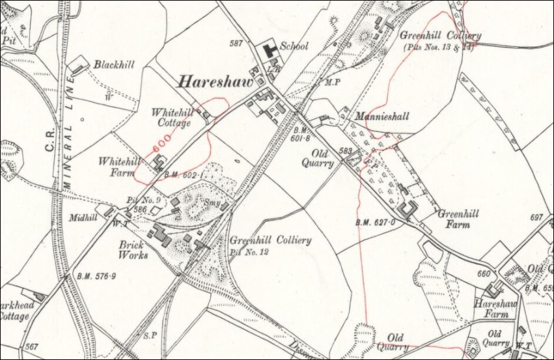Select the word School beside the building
click(294, 47)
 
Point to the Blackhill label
click(115, 65)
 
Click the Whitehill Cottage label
click(172, 118)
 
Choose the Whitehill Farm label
click(118, 165)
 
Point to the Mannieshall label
click(382, 117)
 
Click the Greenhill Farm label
click(459, 219)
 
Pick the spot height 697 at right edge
click(537, 217)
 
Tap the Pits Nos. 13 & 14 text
click(437, 48)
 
